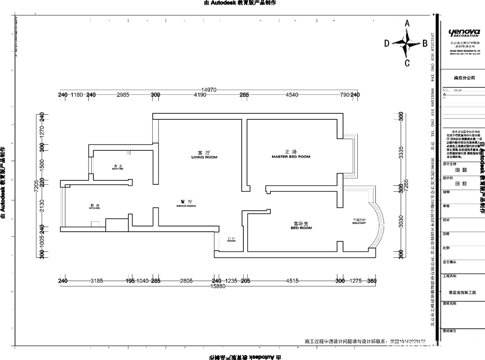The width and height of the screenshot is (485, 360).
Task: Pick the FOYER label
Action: [x=231, y=241]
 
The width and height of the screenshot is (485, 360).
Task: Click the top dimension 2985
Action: [x=123, y=95]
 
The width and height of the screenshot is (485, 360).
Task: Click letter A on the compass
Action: [x=407, y=23]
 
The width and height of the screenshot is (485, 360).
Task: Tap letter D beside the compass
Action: [x=387, y=43]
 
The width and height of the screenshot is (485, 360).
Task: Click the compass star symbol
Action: [x=407, y=43]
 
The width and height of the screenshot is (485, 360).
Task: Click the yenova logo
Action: [x=464, y=32]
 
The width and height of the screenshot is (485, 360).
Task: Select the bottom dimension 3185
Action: [x=97, y=281]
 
